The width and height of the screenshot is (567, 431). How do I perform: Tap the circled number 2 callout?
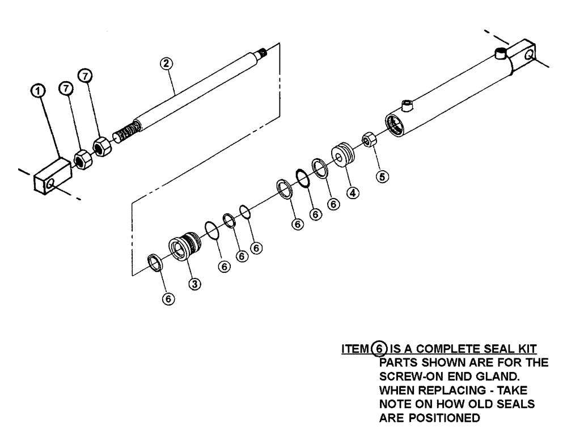[167, 64]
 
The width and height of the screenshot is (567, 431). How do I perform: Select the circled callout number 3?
[193, 284]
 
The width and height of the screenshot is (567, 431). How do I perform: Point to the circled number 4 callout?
[352, 193]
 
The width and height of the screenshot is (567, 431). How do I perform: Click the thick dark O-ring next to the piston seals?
[302, 178]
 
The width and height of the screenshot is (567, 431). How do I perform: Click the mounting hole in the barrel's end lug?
[528, 55]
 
